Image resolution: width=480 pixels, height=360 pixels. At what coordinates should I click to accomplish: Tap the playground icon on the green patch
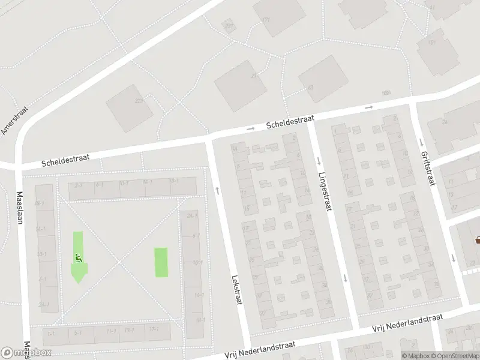(78, 258)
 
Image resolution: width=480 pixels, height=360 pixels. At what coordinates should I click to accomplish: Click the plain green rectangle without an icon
(161, 262)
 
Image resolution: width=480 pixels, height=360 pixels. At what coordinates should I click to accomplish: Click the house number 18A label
(386, 93)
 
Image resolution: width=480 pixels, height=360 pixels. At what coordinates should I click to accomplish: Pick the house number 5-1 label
(78, 332)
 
